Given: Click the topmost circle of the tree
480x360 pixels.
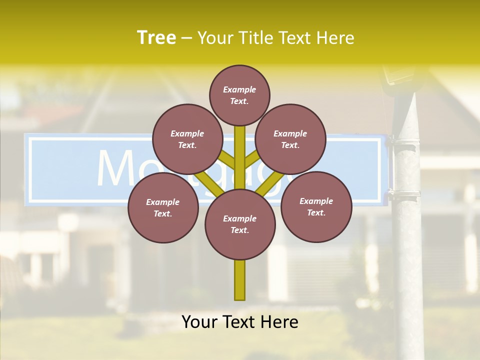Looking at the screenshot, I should click(239, 95).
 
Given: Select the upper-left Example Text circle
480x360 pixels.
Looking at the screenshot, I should click(187, 139).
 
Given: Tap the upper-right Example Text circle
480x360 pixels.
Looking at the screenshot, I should click(290, 139).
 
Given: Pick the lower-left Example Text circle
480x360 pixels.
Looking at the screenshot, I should click(163, 207).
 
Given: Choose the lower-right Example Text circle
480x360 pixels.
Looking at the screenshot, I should click(316, 206).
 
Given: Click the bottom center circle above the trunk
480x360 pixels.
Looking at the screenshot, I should click(240, 224).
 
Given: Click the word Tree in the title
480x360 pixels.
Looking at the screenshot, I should click(156, 37).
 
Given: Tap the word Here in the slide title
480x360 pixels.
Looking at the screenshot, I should click(336, 38).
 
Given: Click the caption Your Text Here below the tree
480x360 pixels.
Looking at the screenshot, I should click(240, 322).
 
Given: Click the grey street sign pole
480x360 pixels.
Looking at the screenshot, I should click(407, 250).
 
